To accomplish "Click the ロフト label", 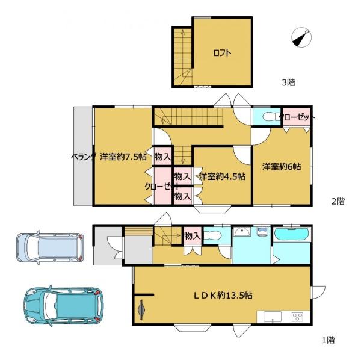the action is click(222, 53).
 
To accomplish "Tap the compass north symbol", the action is click(301, 37).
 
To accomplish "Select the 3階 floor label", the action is click(288, 82).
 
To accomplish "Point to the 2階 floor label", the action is click(338, 201).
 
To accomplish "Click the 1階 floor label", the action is click(329, 340).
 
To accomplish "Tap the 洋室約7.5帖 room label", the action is click(123, 157).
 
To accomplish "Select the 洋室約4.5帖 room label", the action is click(222, 176).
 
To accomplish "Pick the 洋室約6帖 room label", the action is click(282, 166).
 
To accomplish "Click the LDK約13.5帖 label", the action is click(223, 295).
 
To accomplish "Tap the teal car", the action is click(64, 305).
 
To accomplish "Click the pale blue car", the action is click(50, 247).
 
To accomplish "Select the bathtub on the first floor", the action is click(292, 234).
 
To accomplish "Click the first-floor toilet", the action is click(212, 235).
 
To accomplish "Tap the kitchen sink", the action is click(273, 317).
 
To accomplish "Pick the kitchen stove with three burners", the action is click(297, 317).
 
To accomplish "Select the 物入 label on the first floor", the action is click(193, 235).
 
